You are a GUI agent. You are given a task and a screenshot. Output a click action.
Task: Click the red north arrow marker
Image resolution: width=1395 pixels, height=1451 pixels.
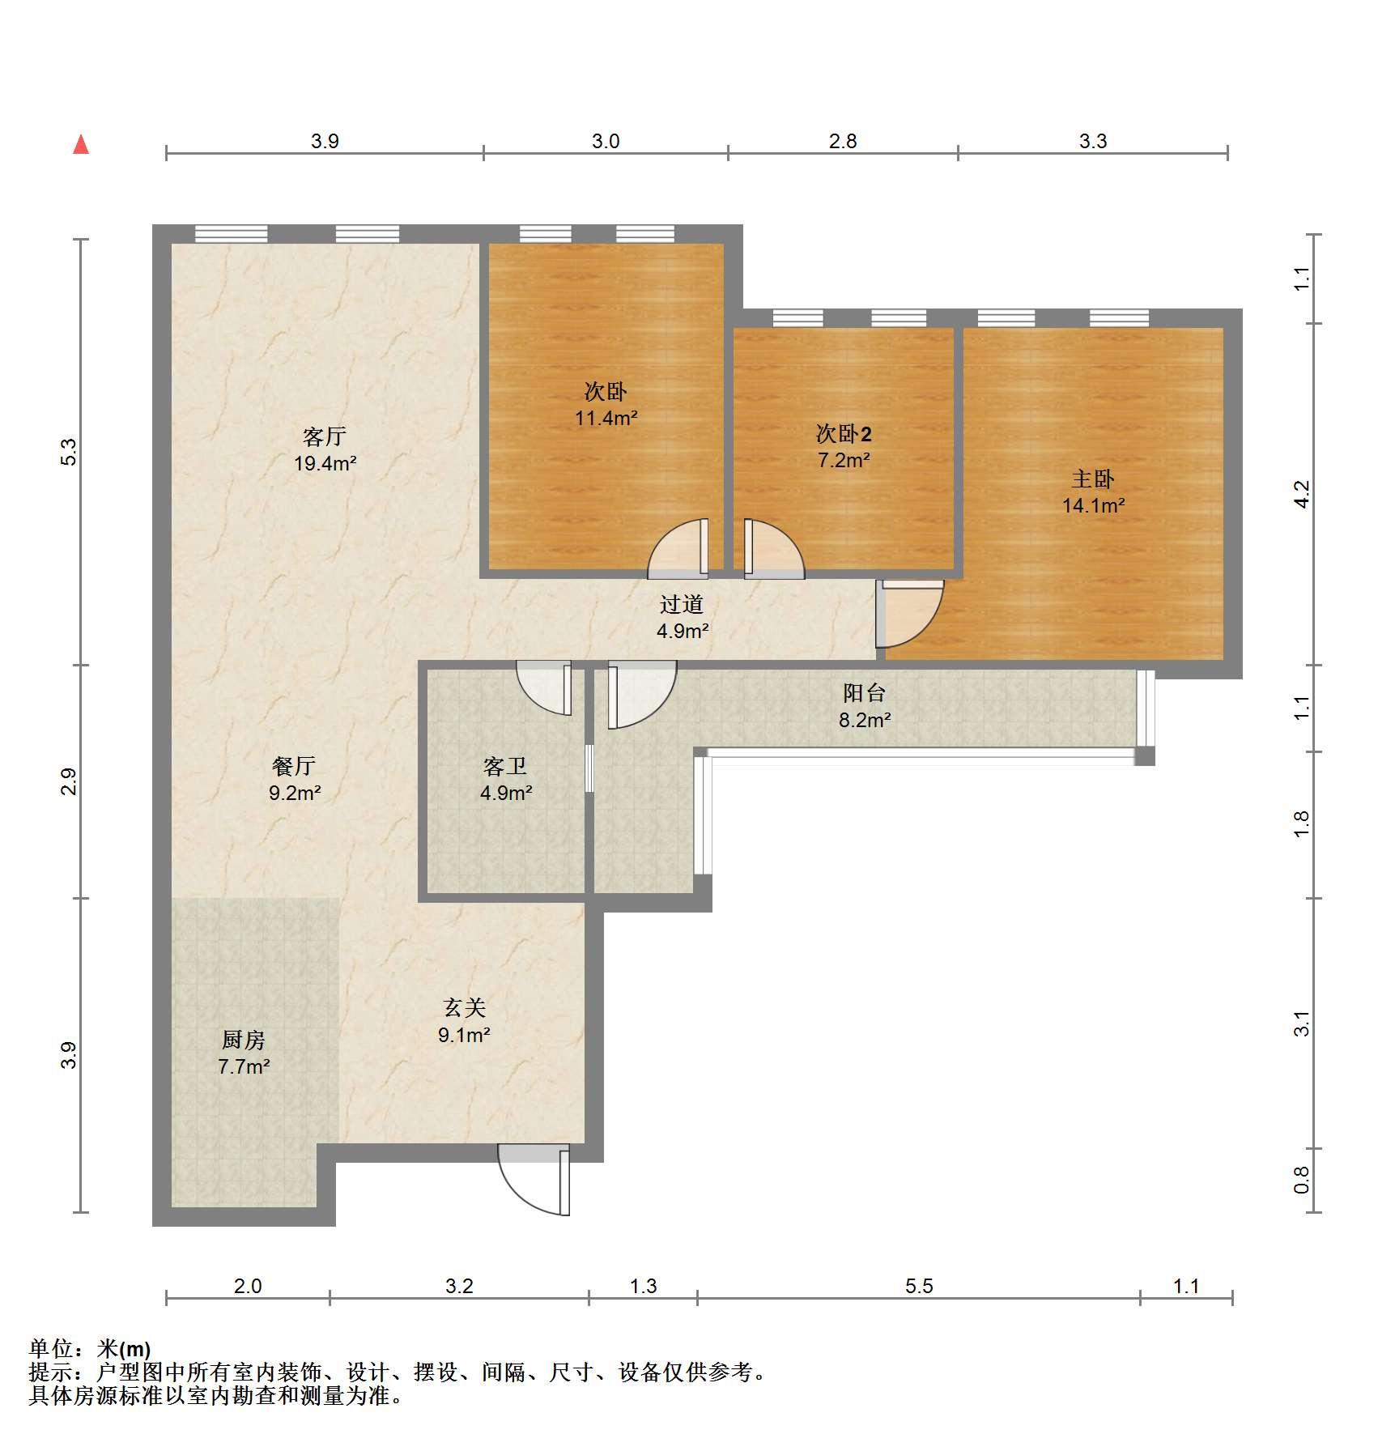[81, 145]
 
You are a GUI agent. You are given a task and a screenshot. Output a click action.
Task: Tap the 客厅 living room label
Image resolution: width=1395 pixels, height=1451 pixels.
[325, 437]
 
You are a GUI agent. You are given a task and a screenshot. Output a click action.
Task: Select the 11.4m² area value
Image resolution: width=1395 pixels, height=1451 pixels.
[606, 419]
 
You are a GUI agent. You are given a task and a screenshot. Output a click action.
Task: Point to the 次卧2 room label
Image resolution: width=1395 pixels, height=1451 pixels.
[844, 434]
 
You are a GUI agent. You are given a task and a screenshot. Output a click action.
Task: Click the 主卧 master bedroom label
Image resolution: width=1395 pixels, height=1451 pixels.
[1093, 479]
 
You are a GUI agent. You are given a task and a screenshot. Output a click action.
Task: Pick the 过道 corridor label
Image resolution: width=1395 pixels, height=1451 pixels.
[682, 604]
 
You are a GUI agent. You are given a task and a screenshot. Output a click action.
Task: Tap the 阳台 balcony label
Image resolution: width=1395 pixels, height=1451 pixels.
[865, 693]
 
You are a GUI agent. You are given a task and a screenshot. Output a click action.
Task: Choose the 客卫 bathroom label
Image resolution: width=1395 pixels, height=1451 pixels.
[505, 766]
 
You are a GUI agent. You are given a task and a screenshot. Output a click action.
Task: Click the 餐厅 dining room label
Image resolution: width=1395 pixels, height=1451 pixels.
[294, 766]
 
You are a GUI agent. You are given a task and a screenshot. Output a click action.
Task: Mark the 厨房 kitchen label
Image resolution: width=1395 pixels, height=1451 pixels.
[244, 1040]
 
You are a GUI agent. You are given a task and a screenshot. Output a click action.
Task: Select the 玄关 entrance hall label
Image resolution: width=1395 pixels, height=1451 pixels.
[465, 1008]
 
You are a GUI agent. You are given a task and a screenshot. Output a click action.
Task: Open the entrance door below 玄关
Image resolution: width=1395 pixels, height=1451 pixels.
[534, 1179]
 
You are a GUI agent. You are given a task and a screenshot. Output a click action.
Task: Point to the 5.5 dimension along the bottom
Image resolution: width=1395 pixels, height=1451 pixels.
[919, 1286]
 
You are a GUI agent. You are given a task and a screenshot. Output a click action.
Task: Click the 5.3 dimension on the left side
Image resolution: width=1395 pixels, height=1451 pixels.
[69, 452]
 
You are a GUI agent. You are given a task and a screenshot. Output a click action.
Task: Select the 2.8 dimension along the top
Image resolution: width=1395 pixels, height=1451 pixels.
[843, 142]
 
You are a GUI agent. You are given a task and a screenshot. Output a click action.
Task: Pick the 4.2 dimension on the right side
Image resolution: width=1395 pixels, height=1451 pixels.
[1301, 494]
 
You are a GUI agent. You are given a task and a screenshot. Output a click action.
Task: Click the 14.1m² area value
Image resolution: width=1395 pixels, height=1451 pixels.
[1094, 506]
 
